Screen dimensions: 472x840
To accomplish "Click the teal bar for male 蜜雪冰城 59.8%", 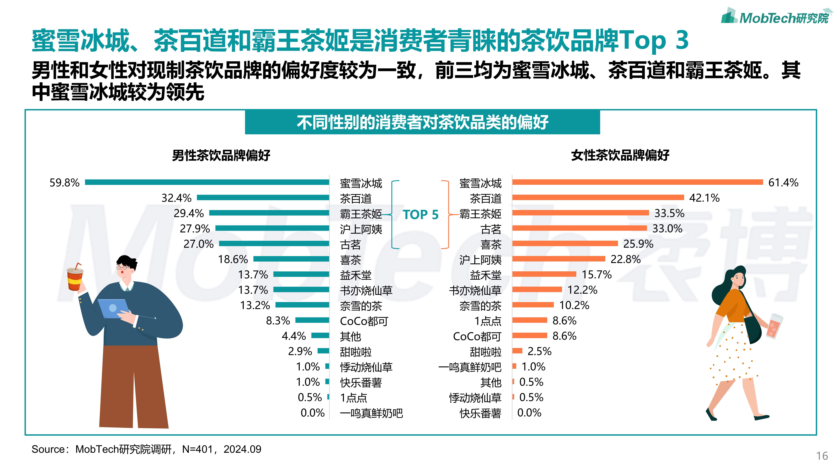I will click(207, 182).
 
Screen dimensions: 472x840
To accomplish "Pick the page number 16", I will click(822, 456).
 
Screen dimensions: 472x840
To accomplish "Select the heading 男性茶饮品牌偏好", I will click(221, 155).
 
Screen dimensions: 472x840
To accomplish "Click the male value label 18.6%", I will click(233, 259).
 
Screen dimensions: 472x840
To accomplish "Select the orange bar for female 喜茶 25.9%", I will click(565, 243).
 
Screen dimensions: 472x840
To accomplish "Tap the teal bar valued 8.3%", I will click(312, 320).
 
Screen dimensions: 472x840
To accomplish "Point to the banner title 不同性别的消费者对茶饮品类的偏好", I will click(422, 122).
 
